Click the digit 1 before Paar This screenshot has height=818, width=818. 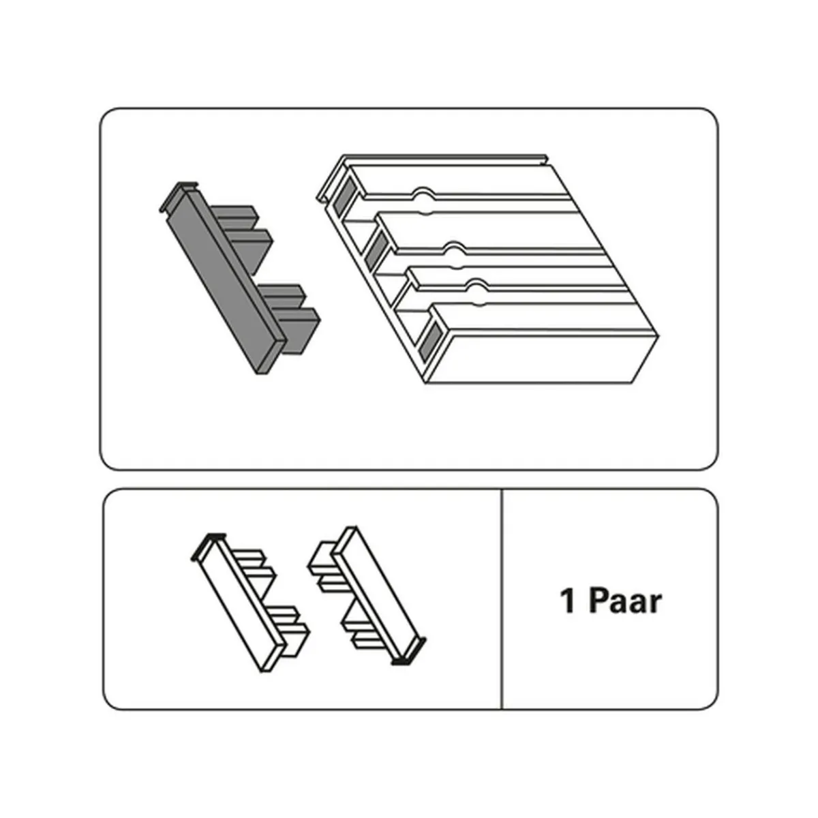click(x=569, y=601)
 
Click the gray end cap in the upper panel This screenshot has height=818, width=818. click(x=240, y=278)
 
